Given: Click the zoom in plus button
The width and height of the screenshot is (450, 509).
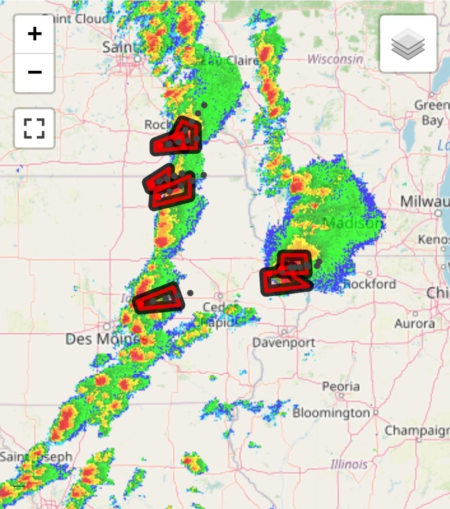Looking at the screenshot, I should point(34,34).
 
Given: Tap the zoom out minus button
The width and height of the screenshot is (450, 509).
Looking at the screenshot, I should point(34,73).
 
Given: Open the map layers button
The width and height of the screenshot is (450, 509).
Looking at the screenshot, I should point(408,44).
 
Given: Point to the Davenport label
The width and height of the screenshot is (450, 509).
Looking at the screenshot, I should point(284,342).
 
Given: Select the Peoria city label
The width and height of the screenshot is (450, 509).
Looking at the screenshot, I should point(341,387).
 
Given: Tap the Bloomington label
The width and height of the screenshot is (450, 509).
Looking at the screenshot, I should point(331,413).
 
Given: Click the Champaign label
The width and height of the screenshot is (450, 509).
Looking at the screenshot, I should point(417,430).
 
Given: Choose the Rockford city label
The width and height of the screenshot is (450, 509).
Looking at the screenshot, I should point(370,284).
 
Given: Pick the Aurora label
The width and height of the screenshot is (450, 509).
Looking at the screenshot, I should point(415,323).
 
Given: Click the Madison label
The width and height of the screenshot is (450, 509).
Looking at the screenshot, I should point(353,223).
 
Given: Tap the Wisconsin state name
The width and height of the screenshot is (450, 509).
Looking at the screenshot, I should point(335,59).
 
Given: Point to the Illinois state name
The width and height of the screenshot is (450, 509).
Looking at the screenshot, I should point(348,464).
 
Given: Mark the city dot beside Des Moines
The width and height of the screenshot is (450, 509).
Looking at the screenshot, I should point(107,326).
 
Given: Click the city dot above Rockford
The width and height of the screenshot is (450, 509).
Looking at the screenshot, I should point(370,273).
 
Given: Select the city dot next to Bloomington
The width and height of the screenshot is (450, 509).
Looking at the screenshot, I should point(375,413).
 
